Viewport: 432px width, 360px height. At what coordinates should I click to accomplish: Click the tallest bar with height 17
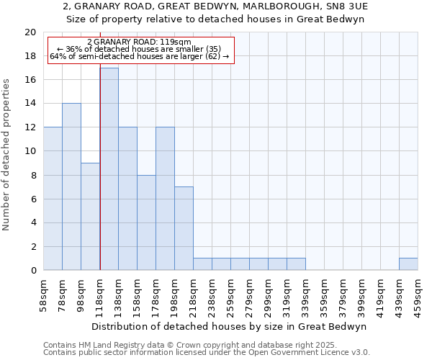109,168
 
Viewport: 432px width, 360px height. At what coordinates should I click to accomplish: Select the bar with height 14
71,186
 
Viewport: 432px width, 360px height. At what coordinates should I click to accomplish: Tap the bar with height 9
90,216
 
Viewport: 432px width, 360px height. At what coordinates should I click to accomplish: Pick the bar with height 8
146,222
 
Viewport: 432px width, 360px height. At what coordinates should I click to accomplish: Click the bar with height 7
184,228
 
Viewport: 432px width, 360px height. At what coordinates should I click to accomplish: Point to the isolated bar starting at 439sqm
408,264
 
